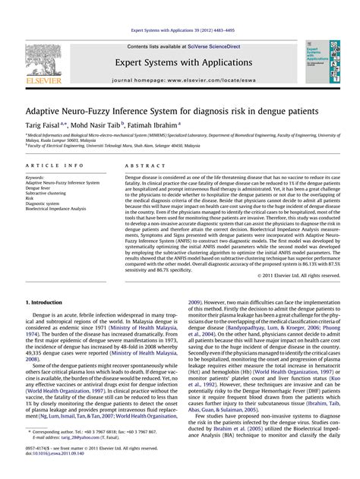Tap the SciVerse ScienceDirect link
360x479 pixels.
tap(207, 47)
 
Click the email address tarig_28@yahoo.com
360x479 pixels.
tap(72, 459)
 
